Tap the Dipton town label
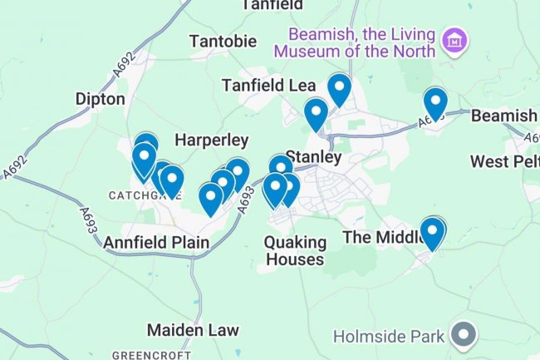click(100, 100)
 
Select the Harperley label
click(212, 140)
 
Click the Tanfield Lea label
click(261, 86)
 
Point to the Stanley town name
click(313, 156)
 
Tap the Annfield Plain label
click(156, 243)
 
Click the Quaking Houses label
click(293, 250)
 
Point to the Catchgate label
click(133, 195)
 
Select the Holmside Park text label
click(389, 337)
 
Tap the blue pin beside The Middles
click(433, 232)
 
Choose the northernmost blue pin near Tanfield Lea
click(339, 89)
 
